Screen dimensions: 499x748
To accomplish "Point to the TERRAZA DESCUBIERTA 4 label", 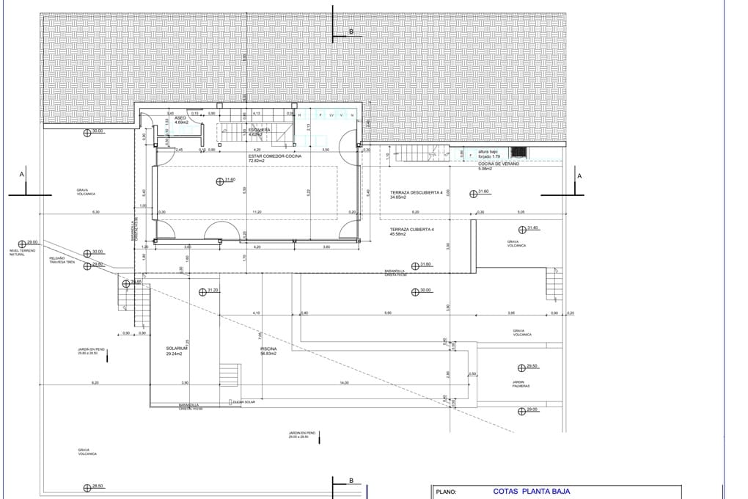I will [x=416, y=194].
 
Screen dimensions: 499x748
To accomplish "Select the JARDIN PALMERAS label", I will [x=519, y=384].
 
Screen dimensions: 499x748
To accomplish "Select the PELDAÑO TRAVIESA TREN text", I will [x=62, y=260].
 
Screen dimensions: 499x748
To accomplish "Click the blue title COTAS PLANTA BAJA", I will [x=531, y=492].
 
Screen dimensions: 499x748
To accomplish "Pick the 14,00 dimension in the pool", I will [x=344, y=383].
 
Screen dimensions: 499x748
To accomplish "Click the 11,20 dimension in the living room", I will [x=257, y=212].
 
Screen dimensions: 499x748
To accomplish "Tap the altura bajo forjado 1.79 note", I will [x=489, y=153].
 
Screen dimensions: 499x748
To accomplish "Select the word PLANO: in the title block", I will [x=447, y=493].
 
